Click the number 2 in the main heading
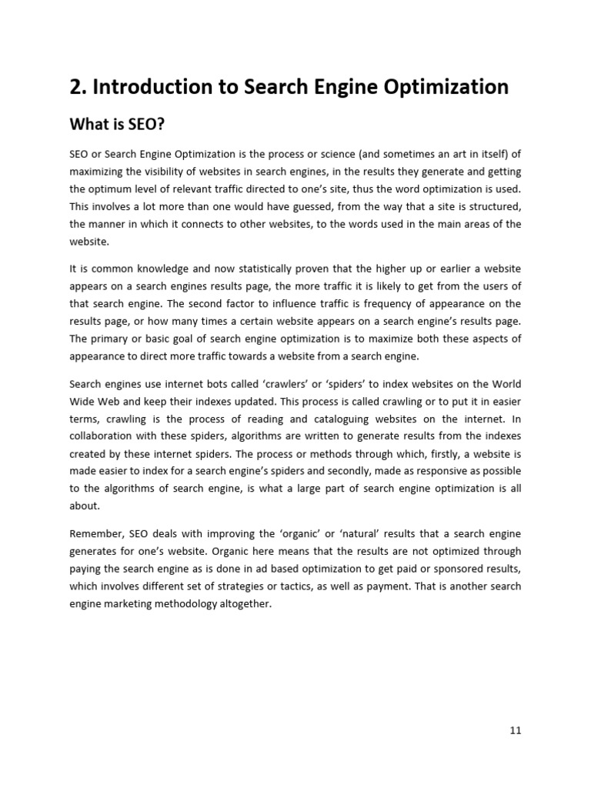tap(75, 87)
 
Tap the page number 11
tap(515, 730)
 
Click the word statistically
tap(235, 268)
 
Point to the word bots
tap(197, 383)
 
